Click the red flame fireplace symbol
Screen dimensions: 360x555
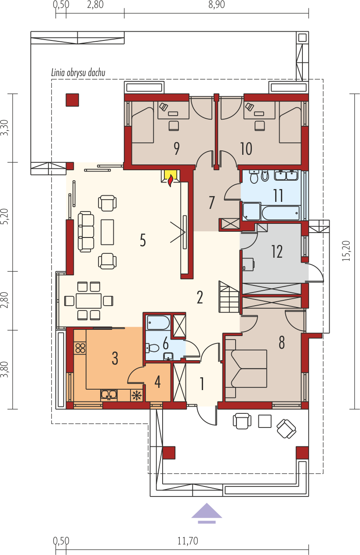171,180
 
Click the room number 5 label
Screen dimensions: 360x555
143,240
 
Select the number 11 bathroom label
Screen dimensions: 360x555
278,195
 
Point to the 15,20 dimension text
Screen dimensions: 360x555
347,251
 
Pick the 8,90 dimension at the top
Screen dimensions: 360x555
216,5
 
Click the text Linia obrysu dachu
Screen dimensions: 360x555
78,73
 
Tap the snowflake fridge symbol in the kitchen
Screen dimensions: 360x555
136,395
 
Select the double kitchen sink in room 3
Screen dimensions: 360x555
109,395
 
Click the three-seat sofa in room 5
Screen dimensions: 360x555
86,232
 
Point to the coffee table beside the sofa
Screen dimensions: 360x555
107,232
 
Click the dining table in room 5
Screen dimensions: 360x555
89,301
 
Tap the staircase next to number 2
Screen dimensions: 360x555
229,296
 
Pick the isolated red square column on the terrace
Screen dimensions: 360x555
72,100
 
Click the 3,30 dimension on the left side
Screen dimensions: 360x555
5,128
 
